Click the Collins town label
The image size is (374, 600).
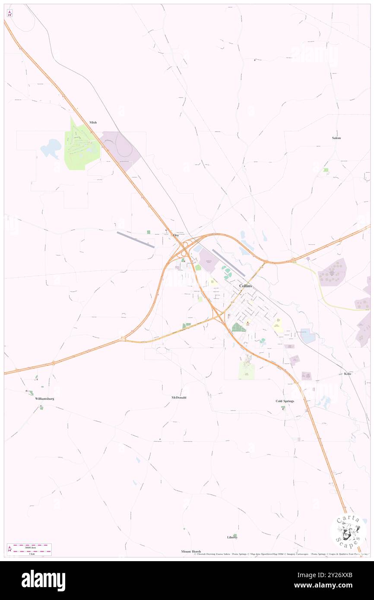(x=245, y=286)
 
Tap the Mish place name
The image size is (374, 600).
(x=93, y=123)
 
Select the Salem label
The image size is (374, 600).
(x=336, y=138)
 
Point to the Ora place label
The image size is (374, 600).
(x=176, y=235)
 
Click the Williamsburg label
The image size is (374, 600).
(x=44, y=398)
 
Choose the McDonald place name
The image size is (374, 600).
(x=179, y=397)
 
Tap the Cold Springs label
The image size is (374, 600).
(x=285, y=401)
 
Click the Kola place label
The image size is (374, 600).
(x=347, y=374)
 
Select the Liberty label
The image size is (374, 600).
(x=232, y=537)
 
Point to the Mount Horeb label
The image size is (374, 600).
(x=191, y=552)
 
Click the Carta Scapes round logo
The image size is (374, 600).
(x=348, y=531)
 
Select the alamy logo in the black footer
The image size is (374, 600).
(x=43, y=580)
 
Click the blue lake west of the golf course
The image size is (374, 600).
(x=51, y=148)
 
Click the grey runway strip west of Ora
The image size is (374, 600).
(x=135, y=240)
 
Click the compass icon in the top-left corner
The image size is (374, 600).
(x=10, y=13)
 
